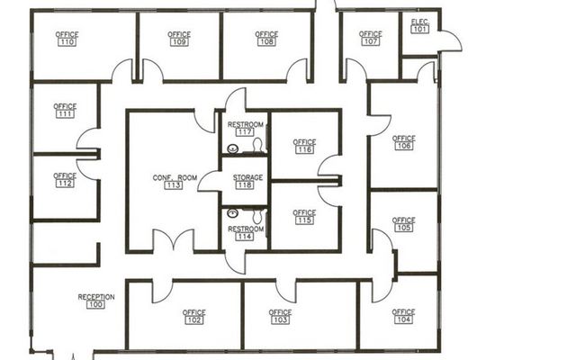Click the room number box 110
(67, 42)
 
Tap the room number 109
(179, 42)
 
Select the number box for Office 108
(266, 41)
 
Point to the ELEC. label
(420, 22)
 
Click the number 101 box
(420, 30)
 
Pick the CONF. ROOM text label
(175, 178)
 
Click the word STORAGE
(248, 177)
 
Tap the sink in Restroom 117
(233, 148)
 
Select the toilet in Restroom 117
(257, 145)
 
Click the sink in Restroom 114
(232, 213)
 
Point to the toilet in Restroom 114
(257, 216)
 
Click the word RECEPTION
(96, 297)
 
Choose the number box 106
(404, 146)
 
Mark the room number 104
(404, 319)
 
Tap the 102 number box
(194, 320)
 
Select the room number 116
(304, 149)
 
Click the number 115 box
(304, 220)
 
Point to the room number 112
(65, 184)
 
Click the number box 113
(173, 185)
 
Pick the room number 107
(370, 41)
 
